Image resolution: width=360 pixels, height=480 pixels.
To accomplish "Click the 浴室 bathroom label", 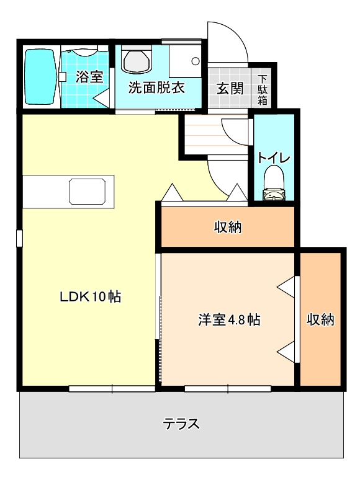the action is (89, 76).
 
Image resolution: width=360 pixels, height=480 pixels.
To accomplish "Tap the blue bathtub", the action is (40, 77).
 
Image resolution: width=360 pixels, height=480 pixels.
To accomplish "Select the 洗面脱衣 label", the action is (156, 88).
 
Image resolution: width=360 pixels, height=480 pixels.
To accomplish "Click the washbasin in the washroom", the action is (137, 60).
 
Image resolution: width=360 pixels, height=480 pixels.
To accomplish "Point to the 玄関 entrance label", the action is (230, 89).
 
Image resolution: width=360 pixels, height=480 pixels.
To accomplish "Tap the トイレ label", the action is (274, 158).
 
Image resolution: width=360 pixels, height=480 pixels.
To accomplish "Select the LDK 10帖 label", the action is (91, 296).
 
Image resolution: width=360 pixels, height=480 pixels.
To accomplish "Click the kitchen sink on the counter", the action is (88, 192).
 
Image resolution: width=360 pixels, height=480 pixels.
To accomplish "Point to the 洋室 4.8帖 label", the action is (229, 319).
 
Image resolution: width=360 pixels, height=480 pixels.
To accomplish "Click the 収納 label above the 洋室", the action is (228, 227).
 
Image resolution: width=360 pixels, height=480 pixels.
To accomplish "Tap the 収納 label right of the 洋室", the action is (320, 319).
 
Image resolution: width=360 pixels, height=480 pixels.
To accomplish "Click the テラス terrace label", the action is (181, 424).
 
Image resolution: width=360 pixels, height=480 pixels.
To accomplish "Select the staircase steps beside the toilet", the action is (215, 134).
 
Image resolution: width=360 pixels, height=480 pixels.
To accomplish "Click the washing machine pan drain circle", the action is (196, 61).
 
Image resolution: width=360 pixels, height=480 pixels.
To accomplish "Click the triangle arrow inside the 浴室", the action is (101, 98).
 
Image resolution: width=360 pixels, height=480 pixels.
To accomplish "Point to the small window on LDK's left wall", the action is (19, 238).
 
